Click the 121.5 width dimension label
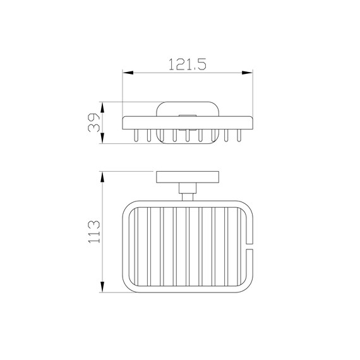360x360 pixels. click(x=188, y=64)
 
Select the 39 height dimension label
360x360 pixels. click(x=94, y=123)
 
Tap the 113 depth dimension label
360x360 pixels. click(x=94, y=232)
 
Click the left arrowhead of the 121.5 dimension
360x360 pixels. click(x=128, y=73)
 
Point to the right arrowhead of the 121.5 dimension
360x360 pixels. click(x=248, y=73)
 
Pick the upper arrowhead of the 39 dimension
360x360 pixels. click(x=102, y=107)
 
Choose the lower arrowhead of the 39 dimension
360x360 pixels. click(x=102, y=138)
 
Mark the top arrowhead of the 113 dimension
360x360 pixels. click(x=102, y=177)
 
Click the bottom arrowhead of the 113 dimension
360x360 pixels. click(x=102, y=287)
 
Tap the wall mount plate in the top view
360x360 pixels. click(x=188, y=177)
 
